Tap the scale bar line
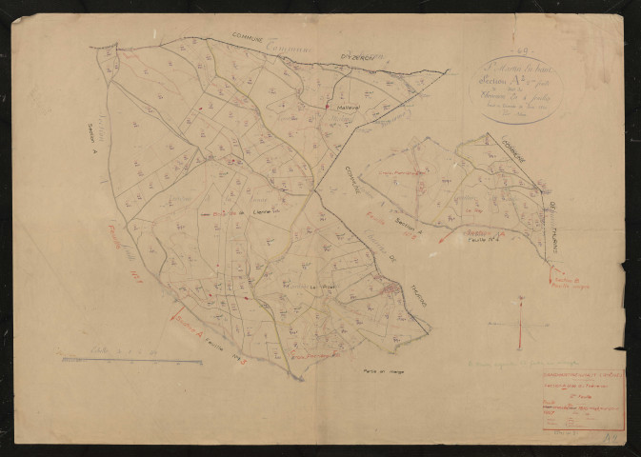tap(118, 359)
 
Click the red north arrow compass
tap(522, 324)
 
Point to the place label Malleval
tap(345, 108)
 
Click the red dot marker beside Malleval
tap(327, 107)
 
